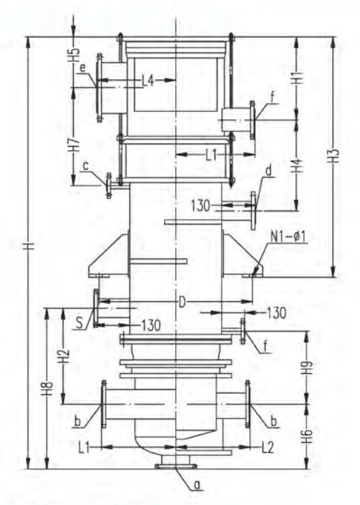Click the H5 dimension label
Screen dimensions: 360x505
75,55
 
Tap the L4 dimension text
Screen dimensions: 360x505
148,81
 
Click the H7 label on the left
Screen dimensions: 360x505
75,144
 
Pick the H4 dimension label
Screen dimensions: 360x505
299,166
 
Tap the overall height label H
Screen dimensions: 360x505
30,246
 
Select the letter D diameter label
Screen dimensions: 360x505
182,302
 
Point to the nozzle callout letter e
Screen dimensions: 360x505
83,68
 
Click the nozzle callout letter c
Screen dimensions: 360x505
86,166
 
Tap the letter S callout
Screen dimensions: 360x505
79,323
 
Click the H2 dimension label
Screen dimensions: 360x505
65,355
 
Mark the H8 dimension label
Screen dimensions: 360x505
48,389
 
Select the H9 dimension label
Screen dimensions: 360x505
308,367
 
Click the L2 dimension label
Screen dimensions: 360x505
268,447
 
